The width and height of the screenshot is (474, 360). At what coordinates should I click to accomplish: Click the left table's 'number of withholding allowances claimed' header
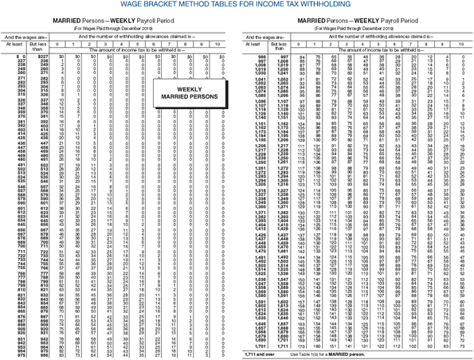[139, 37]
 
